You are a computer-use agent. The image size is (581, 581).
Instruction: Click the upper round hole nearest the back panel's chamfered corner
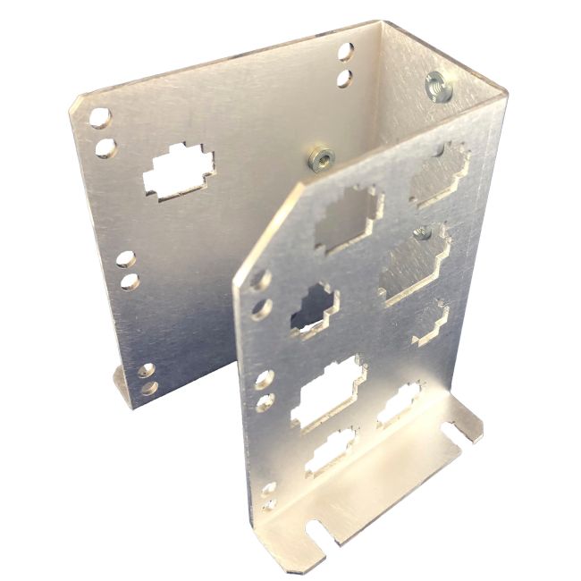coord(99,118)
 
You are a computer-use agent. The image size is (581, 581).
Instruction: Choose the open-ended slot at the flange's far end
coord(467,429)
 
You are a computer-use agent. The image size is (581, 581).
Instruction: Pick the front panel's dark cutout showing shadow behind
coord(310,308)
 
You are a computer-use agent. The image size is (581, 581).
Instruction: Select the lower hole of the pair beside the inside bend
coord(343,78)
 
